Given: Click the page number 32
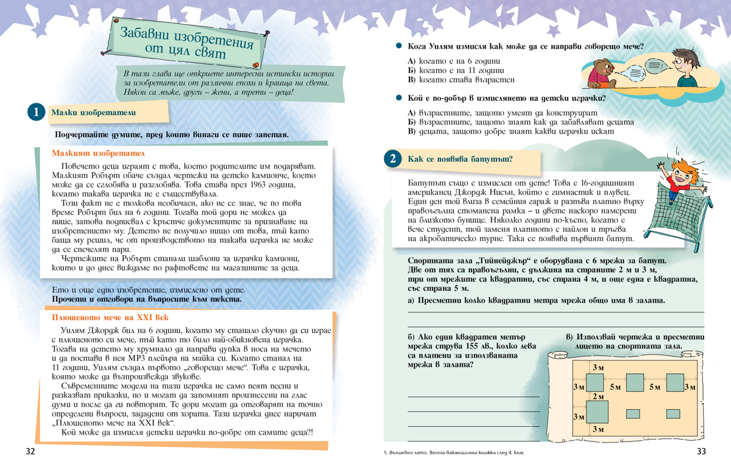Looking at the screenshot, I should coord(30,451).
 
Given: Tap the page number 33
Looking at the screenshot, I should coord(701,451).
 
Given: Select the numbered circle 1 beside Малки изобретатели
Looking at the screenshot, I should coord(36,113).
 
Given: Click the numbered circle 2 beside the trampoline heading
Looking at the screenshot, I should coord(393,159).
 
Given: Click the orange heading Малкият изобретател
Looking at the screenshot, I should coord(98,153).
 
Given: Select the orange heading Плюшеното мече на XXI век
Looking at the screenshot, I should coord(110,318).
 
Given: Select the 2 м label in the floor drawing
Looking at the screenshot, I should coord(599,396).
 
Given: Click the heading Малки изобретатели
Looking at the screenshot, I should coord(94,113).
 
